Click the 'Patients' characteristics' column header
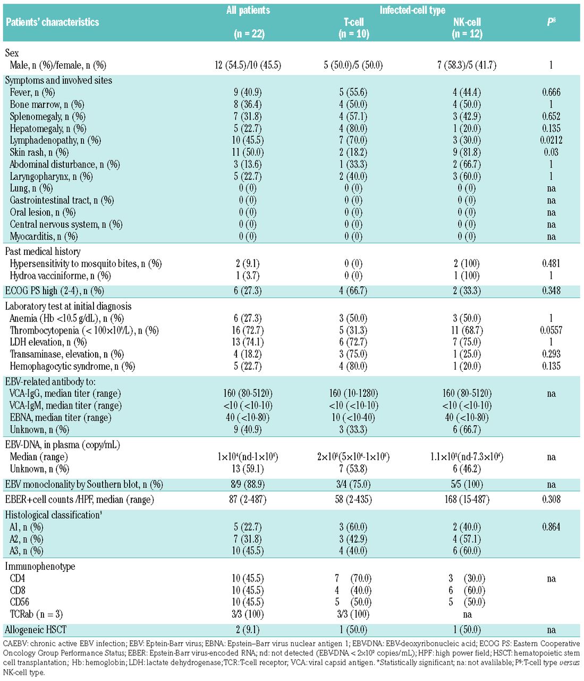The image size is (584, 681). click(52, 22)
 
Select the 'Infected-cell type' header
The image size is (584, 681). click(412, 10)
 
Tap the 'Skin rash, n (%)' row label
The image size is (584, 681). click(39, 153)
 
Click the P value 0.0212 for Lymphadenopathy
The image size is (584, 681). click(551, 140)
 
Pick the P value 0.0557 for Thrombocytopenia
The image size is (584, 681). click(551, 330)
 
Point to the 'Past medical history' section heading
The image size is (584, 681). click(43, 252)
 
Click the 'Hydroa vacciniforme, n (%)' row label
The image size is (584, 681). click(60, 276)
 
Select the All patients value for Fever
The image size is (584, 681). click(248, 93)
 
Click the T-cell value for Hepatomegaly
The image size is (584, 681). click(353, 129)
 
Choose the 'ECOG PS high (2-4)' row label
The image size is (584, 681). click(54, 291)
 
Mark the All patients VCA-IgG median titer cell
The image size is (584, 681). click(248, 394)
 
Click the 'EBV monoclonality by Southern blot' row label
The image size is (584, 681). click(84, 485)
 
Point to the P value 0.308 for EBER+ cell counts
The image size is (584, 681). click(551, 500)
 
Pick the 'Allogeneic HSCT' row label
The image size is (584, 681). click(36, 630)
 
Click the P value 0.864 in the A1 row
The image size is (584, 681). click(551, 527)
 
